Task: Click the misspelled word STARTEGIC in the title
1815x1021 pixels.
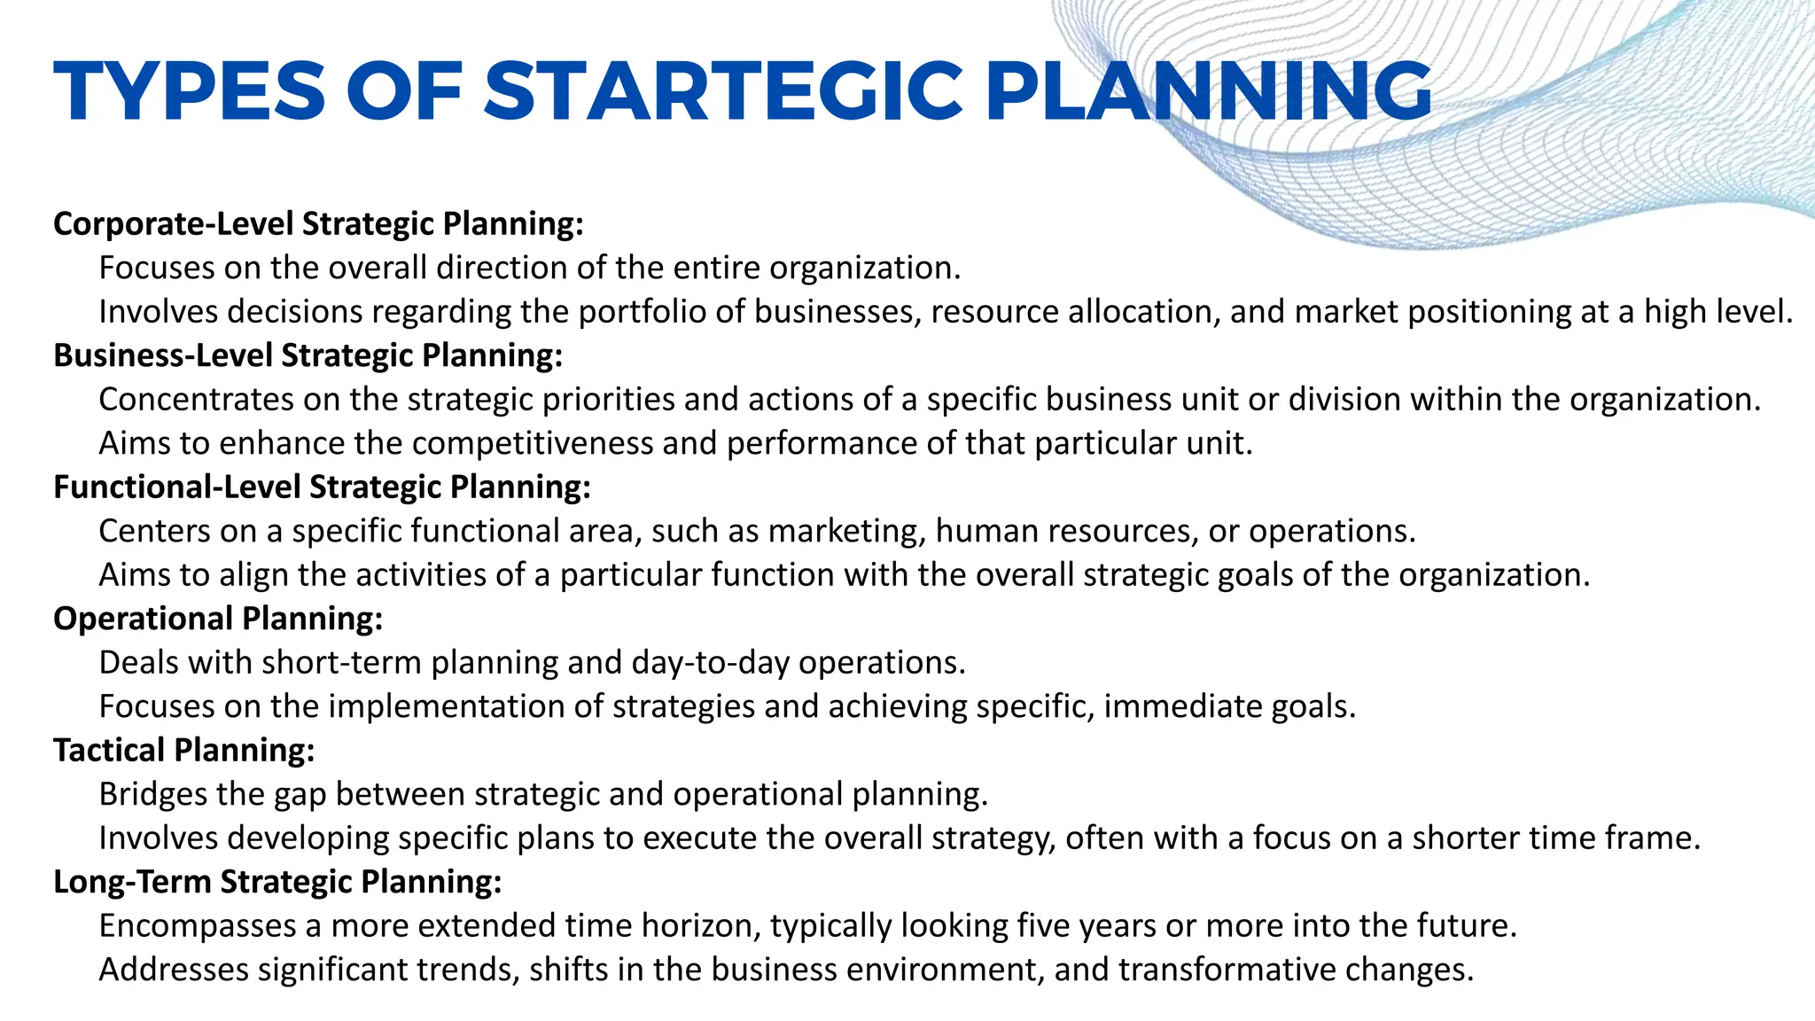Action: click(x=722, y=91)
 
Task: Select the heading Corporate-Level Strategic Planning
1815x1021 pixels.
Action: click(x=318, y=223)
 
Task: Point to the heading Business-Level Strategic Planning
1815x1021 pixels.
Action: click(x=308, y=355)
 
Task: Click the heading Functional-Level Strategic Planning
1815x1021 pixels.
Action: click(x=322, y=487)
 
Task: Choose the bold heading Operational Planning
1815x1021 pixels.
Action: click(x=218, y=619)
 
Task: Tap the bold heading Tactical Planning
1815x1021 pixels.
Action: click(x=184, y=751)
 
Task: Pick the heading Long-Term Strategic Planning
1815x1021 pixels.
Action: click(x=277, y=882)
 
